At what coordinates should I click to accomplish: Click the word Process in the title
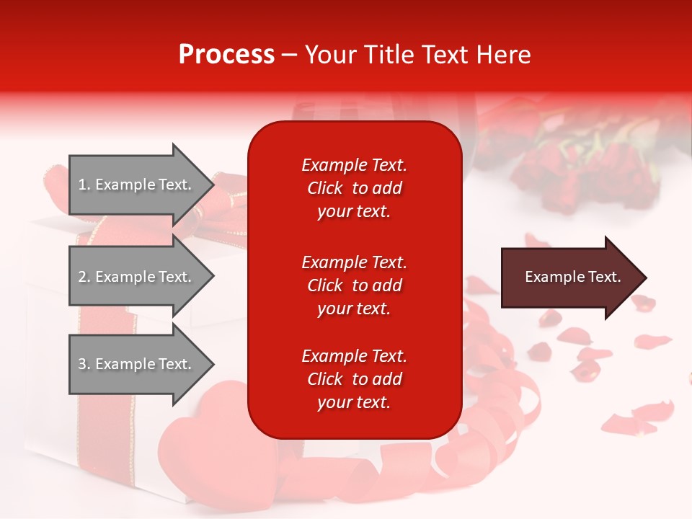(x=226, y=55)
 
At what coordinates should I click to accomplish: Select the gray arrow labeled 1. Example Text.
(x=137, y=185)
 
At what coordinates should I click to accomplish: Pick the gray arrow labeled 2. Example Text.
(x=137, y=277)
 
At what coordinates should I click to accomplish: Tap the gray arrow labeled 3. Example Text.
(x=137, y=364)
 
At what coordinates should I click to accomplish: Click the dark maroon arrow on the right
(x=569, y=277)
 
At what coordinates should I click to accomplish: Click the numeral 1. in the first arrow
(x=84, y=185)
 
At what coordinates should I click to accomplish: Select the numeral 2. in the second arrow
(x=84, y=277)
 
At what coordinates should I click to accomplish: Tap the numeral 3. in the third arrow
(x=84, y=364)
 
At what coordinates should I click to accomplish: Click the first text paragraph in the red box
(x=354, y=188)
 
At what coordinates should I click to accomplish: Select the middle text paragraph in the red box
(x=354, y=285)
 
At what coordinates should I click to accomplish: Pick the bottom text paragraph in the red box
(x=354, y=379)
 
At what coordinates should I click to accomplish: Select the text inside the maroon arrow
(x=572, y=277)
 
